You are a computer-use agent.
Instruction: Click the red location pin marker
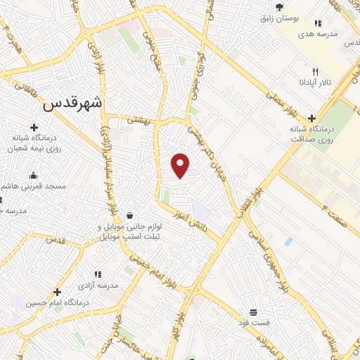pyautogui.click(x=181, y=165)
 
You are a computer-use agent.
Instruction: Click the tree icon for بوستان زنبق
pyautogui.click(x=280, y=7)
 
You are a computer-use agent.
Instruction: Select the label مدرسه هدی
pyautogui.click(x=318, y=34)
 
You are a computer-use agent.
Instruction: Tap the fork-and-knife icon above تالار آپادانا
pyautogui.click(x=315, y=72)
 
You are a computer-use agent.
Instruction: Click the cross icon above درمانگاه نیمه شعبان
pyautogui.click(x=34, y=127)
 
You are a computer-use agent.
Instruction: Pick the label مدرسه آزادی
pyautogui.click(x=98, y=285)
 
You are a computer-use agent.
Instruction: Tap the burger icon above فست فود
pyautogui.click(x=253, y=311)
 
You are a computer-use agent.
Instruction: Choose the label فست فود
pyautogui.click(x=253, y=322)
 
